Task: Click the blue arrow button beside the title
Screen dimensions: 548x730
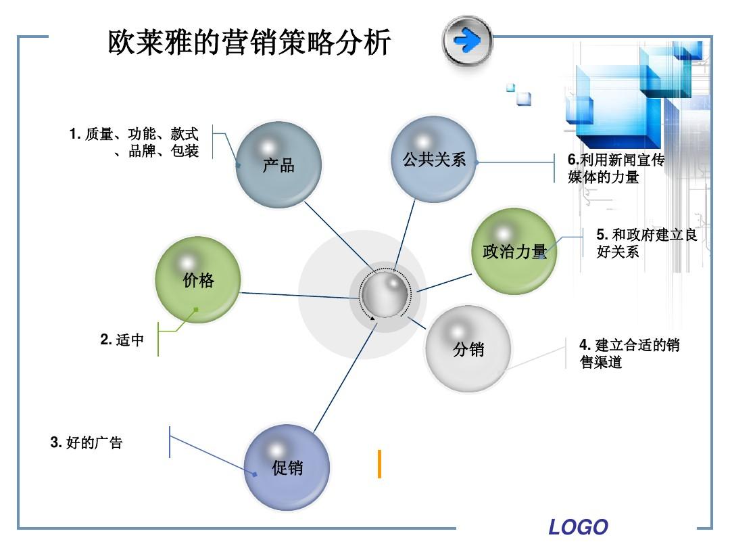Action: pyautogui.click(x=467, y=41)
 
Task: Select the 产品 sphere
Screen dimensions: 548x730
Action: pyautogui.click(x=278, y=164)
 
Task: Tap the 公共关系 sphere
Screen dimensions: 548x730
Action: pyautogui.click(x=434, y=160)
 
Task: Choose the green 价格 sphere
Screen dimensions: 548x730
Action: pyautogui.click(x=198, y=279)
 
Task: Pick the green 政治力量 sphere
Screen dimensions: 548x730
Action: pyautogui.click(x=514, y=251)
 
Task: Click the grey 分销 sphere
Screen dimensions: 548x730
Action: pyautogui.click(x=468, y=349)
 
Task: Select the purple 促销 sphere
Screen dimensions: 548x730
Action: pyautogui.click(x=287, y=467)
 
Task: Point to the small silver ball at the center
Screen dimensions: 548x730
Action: pyautogui.click(x=385, y=294)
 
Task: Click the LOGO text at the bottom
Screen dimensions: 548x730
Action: pyautogui.click(x=578, y=526)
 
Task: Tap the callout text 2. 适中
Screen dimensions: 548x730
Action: pyautogui.click(x=122, y=340)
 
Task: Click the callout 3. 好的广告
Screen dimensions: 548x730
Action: pyautogui.click(x=87, y=443)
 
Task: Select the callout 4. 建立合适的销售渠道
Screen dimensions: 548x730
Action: pyautogui.click(x=629, y=353)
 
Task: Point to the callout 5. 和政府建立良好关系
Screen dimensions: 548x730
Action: pyautogui.click(x=646, y=243)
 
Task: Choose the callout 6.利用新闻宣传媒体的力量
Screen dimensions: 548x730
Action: pyautogui.click(x=616, y=168)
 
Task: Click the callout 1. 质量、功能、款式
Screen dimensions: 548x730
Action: pyautogui.click(x=135, y=142)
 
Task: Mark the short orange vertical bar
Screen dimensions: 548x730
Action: pyautogui.click(x=379, y=463)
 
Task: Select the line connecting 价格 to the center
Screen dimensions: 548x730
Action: pyautogui.click(x=297, y=295)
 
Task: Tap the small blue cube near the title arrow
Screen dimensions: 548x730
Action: pyautogui.click(x=523, y=98)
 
